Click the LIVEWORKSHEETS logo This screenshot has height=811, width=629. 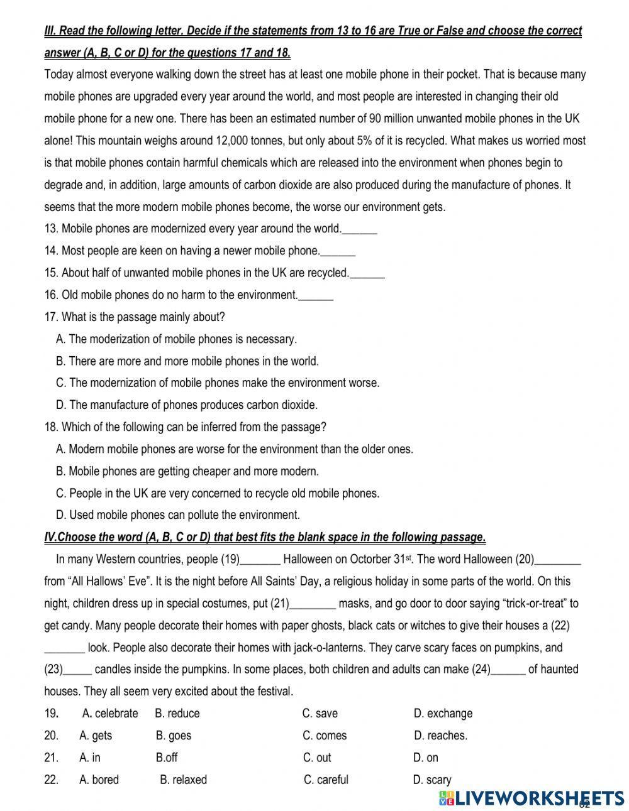pyautogui.click(x=532, y=798)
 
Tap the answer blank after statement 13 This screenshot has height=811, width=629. pyautogui.click(x=360, y=229)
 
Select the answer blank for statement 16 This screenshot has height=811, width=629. pyautogui.click(x=316, y=295)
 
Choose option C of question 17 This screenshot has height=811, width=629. pyautogui.click(x=218, y=383)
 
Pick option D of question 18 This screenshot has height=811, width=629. pyautogui.click(x=178, y=515)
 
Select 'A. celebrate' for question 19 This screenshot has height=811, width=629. pyautogui.click(x=110, y=714)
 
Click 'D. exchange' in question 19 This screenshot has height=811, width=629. pyautogui.click(x=443, y=714)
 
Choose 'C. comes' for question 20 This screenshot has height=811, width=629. pyautogui.click(x=325, y=736)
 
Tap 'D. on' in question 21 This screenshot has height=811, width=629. pyautogui.click(x=426, y=758)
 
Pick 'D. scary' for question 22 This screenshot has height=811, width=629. pyautogui.click(x=432, y=780)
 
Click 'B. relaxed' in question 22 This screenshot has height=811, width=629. pyautogui.click(x=183, y=780)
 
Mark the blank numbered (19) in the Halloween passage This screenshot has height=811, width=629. pyautogui.click(x=260, y=560)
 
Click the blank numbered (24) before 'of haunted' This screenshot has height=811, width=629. pyautogui.click(x=508, y=670)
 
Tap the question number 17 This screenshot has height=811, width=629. pyautogui.click(x=51, y=317)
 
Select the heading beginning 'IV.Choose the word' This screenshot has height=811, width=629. pyautogui.click(x=265, y=537)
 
